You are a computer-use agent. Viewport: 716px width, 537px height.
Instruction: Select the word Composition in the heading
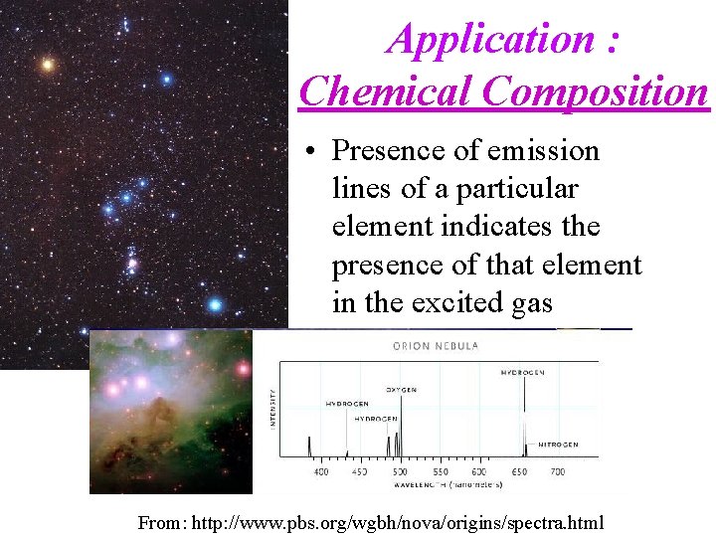(x=596, y=91)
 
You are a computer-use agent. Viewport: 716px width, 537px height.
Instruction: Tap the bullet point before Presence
(x=312, y=152)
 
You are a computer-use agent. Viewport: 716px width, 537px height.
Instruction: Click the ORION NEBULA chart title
(x=436, y=346)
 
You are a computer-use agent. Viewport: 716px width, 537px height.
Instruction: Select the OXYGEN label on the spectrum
(x=402, y=389)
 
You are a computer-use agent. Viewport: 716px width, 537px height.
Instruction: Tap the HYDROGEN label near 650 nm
(x=523, y=372)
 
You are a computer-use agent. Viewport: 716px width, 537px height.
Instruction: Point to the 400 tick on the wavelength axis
(x=321, y=471)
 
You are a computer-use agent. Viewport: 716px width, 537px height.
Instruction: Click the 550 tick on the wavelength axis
(x=439, y=471)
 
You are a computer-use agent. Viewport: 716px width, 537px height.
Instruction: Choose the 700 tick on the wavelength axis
(x=557, y=471)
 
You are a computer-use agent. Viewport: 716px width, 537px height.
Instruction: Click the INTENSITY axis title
(x=273, y=408)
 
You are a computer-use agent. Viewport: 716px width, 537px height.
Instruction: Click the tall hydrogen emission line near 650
(x=524, y=418)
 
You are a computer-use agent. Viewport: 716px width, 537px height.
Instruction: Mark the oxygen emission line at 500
(x=398, y=443)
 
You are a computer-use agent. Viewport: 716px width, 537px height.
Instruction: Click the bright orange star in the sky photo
(x=47, y=66)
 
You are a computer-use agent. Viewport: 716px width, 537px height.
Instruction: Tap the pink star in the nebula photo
(x=241, y=370)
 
